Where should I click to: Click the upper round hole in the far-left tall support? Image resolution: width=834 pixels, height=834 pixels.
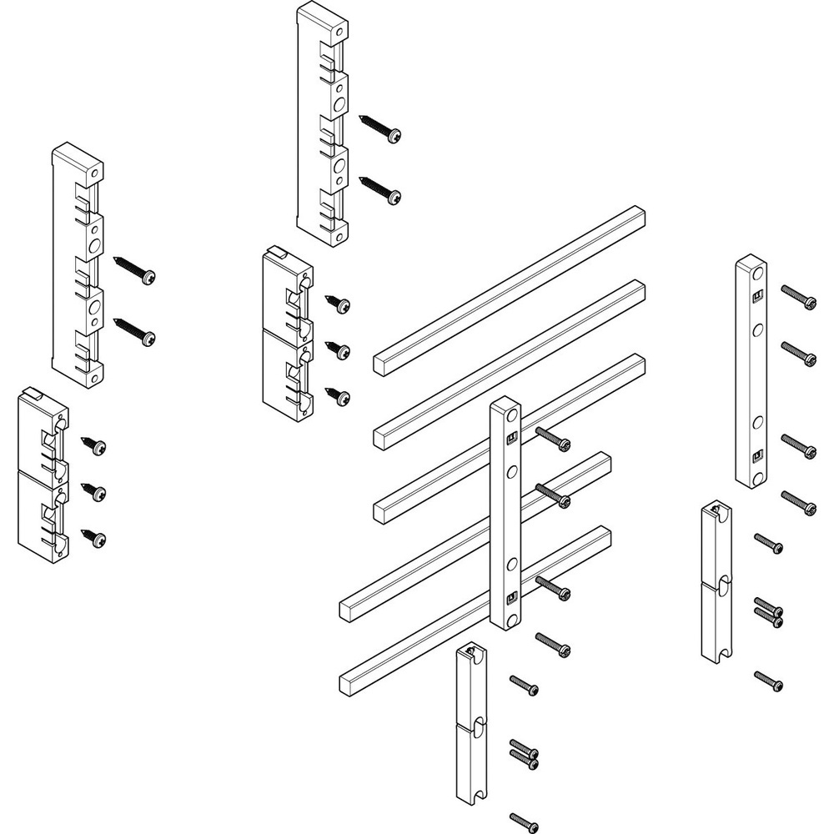point(94,245)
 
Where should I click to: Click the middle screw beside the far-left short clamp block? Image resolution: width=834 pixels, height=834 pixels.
point(93,491)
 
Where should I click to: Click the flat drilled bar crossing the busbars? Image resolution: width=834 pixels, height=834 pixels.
point(506,513)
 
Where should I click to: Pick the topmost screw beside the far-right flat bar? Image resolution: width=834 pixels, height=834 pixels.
point(799,297)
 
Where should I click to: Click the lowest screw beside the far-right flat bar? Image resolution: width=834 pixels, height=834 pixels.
point(799,503)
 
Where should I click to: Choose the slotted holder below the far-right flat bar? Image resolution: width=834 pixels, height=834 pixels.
point(716,582)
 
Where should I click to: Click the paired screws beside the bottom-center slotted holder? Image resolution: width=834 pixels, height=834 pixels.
point(523,752)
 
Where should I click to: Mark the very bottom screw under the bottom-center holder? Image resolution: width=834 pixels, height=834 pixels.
point(523,821)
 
